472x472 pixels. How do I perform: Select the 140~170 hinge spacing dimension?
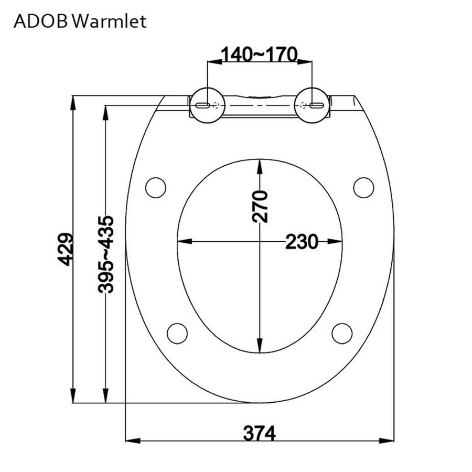click(259, 53)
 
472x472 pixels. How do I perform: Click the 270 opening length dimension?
click(260, 207)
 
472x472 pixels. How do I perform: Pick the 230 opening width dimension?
click(302, 242)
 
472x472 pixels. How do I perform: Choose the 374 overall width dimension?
click(259, 433)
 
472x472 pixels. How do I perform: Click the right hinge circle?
click(313, 105)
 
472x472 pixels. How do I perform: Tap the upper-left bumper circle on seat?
click(156, 187)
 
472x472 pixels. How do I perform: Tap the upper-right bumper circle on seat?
click(363, 187)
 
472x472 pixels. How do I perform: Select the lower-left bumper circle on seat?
click(177, 333)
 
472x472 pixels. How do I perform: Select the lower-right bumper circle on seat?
click(342, 333)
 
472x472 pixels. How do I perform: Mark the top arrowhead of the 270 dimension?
click(260, 166)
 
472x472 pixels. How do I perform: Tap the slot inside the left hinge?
click(203, 105)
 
